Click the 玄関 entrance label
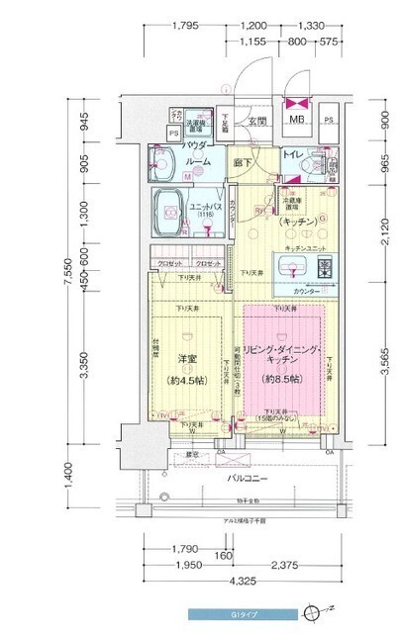(257, 121)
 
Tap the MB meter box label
(294, 121)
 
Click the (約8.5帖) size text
(283, 379)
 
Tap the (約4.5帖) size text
(187, 379)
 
